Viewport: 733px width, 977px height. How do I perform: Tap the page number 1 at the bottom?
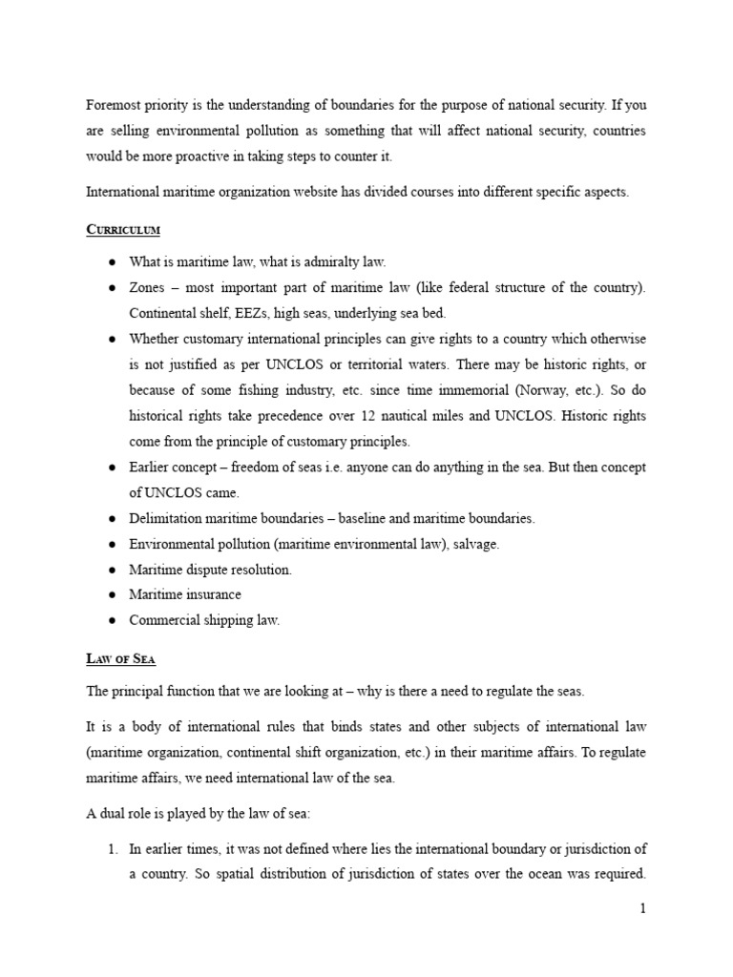pyautogui.click(x=643, y=909)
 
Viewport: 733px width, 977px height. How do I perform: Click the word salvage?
pyautogui.click(x=474, y=544)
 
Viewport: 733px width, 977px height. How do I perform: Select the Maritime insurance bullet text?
pyautogui.click(x=185, y=594)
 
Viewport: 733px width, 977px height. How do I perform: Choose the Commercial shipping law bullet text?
pyautogui.click(x=204, y=620)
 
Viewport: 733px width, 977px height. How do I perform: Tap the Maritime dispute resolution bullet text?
pyautogui.click(x=210, y=570)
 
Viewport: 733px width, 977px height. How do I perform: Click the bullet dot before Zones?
pyautogui.click(x=112, y=288)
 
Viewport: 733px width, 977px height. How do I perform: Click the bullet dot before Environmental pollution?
pyautogui.click(x=112, y=544)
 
